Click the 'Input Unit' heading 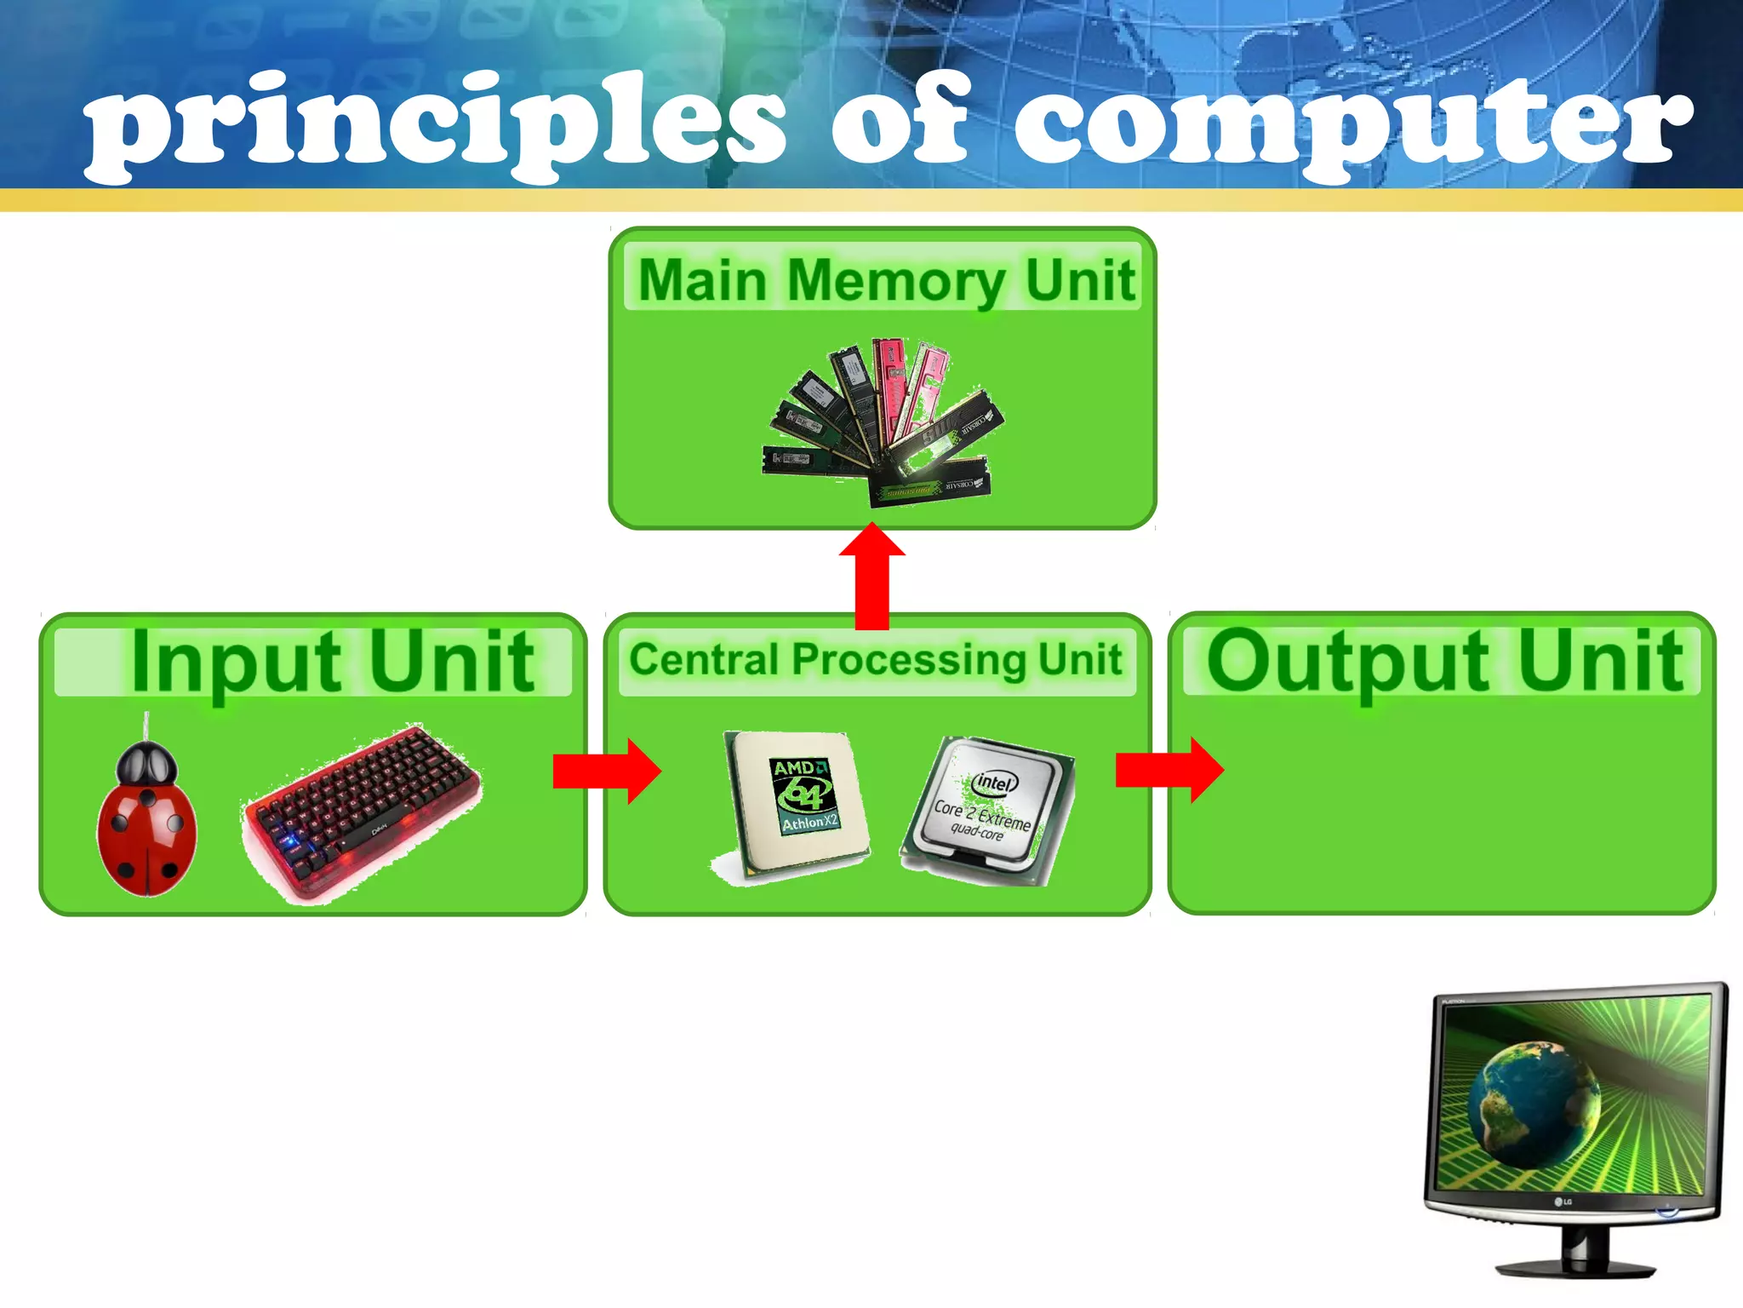(x=332, y=662)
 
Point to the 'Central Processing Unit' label (x=876, y=660)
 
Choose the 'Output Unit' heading (x=1444, y=662)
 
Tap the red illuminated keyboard (x=362, y=809)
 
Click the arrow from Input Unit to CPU (x=607, y=771)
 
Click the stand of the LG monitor (x=1574, y=1252)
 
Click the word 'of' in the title (x=902, y=123)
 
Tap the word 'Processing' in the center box (x=908, y=661)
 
